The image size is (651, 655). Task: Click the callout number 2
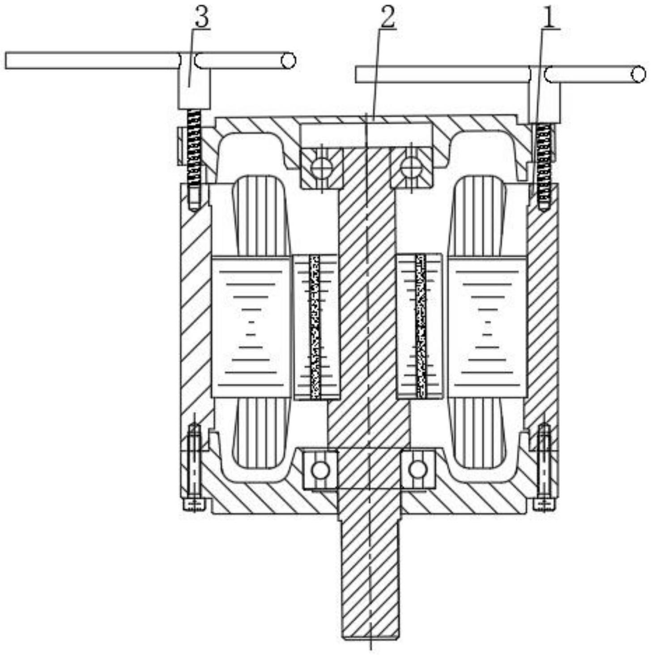[387, 17]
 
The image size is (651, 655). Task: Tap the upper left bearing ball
[321, 168]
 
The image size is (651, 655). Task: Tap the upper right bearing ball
[410, 168]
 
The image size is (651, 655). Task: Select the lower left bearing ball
[320, 470]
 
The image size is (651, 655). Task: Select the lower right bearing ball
[418, 469]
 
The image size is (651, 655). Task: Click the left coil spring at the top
[194, 148]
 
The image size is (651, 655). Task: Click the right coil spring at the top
[543, 161]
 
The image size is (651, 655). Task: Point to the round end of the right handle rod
[638, 74]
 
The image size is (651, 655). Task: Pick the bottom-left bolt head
[194, 505]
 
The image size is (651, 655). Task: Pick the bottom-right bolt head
[545, 505]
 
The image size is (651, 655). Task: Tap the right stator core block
[487, 327]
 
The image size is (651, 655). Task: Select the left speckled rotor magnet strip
[315, 327]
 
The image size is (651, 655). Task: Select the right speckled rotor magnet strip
[421, 327]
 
